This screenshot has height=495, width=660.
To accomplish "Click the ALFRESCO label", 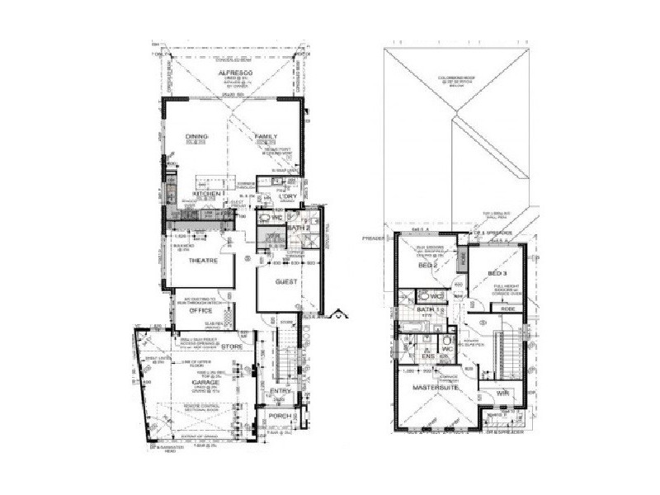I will (233, 73).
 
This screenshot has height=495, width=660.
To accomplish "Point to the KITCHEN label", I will (205, 193).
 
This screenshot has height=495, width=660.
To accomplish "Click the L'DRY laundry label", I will (287, 195).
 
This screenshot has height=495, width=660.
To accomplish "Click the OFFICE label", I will (201, 311).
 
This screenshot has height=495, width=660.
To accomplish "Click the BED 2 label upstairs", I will (427, 266).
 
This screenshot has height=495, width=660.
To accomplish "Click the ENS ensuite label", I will (429, 357).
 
